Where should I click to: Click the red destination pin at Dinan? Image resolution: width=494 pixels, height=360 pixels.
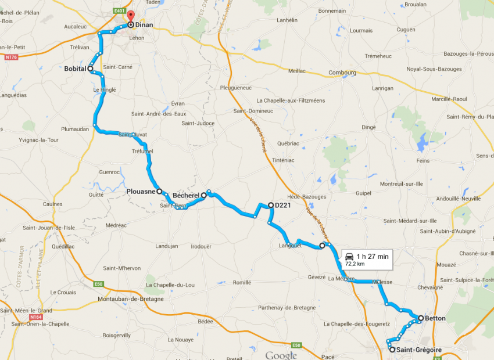130,17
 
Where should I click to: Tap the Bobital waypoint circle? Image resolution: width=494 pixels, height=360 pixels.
91,69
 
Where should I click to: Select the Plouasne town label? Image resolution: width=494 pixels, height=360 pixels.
140,190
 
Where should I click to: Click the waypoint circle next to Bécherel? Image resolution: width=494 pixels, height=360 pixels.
204,196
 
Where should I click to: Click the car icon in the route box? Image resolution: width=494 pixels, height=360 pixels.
349,256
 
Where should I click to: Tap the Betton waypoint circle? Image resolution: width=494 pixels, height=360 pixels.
420,318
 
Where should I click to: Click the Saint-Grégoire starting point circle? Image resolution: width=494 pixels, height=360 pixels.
392,350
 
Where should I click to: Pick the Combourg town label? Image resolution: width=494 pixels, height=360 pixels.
342,73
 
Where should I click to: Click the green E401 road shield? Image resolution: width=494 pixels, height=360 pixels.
120,10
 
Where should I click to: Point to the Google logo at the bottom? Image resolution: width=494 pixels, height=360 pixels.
281,355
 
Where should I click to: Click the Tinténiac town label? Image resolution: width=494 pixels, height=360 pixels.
284,160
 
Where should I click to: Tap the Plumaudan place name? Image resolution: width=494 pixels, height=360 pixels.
77,129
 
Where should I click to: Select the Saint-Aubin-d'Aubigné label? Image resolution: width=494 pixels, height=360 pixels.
448,231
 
